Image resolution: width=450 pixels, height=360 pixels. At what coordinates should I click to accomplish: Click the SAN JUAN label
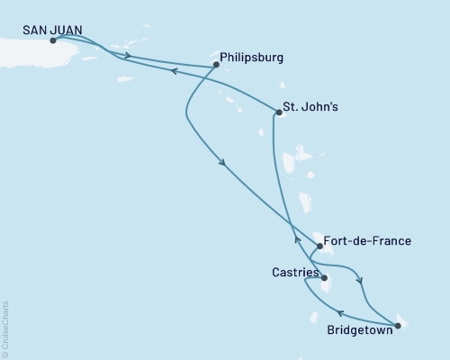(52, 30)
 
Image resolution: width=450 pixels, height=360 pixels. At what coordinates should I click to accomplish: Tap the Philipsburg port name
(252, 58)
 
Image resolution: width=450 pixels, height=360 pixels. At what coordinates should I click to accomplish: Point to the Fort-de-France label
(370, 241)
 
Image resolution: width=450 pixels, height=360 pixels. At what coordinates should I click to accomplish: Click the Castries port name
(293, 271)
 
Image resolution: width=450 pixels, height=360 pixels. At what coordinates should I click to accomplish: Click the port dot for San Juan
(53, 40)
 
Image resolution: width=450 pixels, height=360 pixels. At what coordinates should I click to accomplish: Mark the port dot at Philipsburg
(215, 64)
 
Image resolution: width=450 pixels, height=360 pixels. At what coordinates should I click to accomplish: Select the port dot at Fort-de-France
(319, 246)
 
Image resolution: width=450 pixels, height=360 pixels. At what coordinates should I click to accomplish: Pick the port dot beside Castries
(324, 265)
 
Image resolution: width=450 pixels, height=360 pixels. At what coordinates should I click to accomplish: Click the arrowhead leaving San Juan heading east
(129, 57)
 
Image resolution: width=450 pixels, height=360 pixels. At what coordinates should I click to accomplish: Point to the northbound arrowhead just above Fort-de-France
(296, 238)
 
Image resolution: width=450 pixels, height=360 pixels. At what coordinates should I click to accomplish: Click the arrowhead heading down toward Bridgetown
(361, 280)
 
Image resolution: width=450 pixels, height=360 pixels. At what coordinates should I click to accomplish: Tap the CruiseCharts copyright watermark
(5, 328)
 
